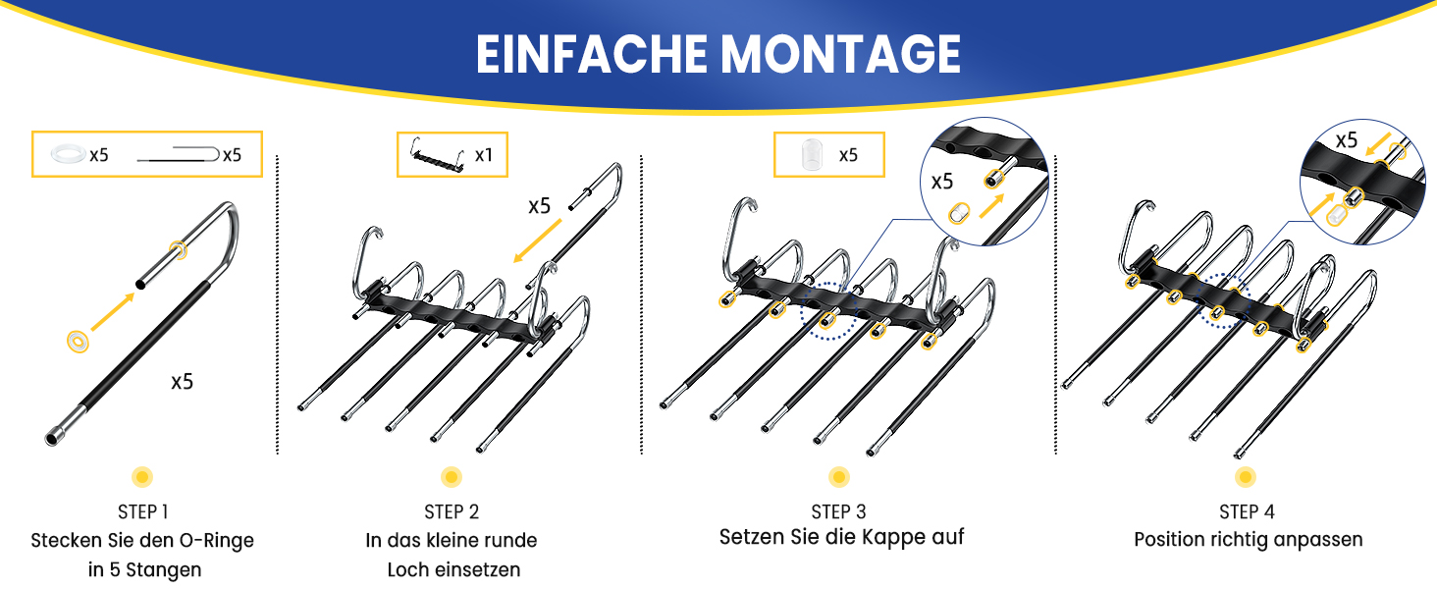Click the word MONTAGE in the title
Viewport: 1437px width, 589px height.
840,54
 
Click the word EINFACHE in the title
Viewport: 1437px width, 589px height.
592,54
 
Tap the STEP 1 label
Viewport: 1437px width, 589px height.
142,512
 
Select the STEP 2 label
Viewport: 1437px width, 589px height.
452,512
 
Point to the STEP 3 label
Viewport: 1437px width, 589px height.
838,512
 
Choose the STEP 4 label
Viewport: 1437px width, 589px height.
1247,512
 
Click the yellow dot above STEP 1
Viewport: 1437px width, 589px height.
142,477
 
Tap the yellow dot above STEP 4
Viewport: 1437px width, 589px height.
1246,477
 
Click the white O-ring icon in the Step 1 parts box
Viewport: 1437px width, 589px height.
68,154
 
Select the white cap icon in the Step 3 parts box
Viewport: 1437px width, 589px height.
812,155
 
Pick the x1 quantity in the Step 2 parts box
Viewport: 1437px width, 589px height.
484,155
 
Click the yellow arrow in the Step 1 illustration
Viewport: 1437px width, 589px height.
113,312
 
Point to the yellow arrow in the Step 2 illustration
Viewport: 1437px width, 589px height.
538,241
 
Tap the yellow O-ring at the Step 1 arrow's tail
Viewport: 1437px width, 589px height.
79,342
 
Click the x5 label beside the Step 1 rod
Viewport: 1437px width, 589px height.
183,383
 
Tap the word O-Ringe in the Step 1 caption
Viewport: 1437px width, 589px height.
216,541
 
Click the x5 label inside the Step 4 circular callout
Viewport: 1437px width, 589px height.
1347,140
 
